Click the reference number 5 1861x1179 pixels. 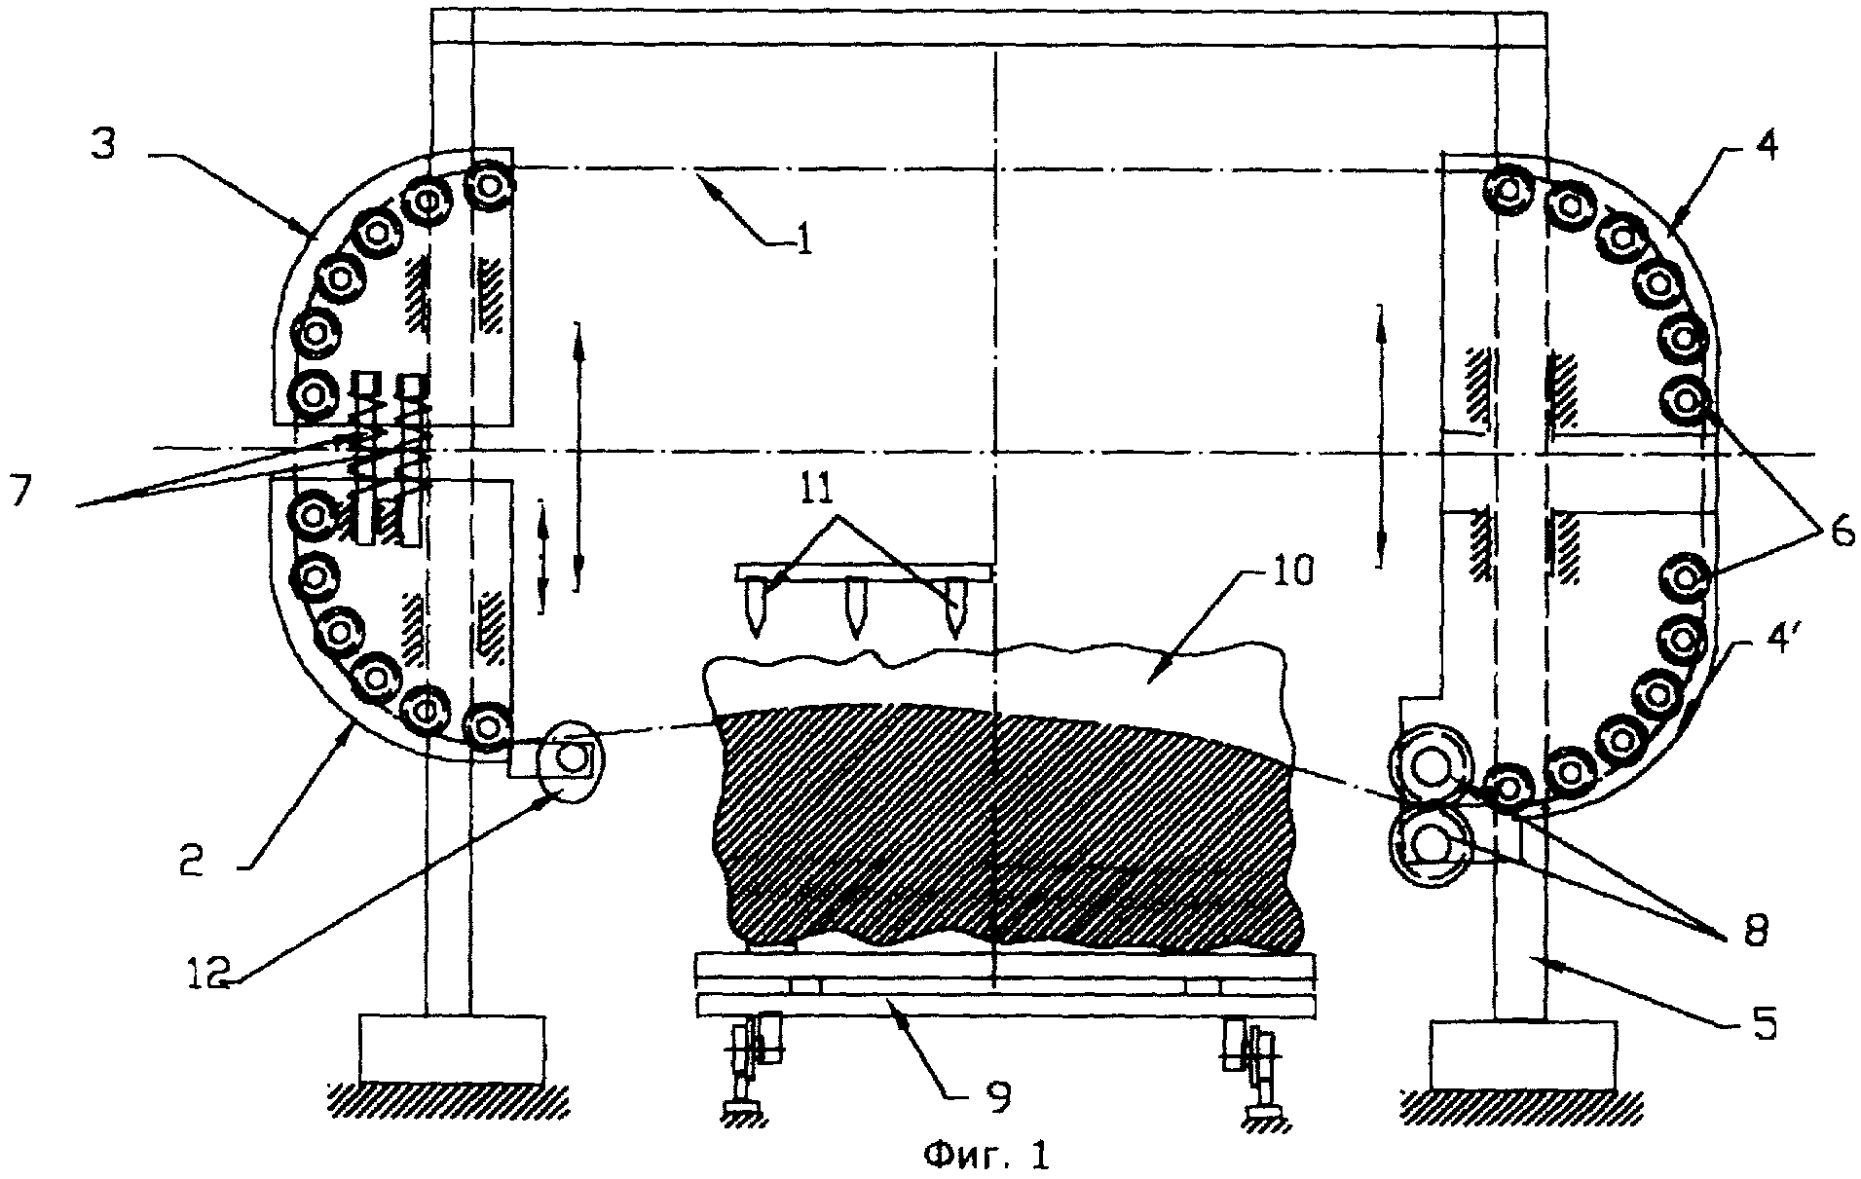1763,1022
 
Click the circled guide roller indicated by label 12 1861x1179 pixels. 569,755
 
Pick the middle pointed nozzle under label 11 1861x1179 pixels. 857,608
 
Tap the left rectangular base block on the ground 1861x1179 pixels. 452,1050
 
